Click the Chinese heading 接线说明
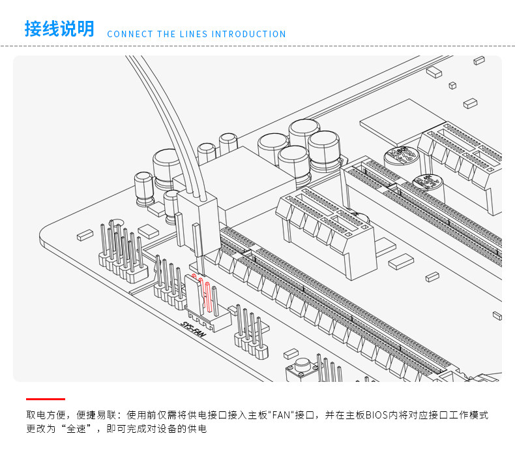(59, 29)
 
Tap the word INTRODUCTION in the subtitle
(248, 34)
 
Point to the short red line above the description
(46, 398)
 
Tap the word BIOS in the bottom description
(376, 415)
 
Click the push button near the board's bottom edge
(302, 368)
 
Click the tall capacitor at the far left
(143, 189)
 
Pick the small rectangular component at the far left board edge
(85, 235)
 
